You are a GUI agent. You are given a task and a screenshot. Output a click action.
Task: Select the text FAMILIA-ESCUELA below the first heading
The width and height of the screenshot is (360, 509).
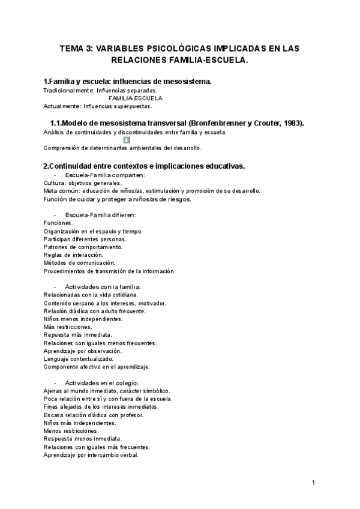point(136,98)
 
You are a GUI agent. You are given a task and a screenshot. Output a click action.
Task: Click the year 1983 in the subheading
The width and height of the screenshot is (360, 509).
point(290,123)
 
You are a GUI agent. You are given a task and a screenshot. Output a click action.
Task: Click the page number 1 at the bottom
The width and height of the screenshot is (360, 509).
point(313,482)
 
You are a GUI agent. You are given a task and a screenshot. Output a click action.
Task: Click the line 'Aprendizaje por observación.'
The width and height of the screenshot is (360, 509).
point(82,351)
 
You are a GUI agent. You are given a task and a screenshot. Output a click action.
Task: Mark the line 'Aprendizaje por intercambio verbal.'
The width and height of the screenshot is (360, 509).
point(91,454)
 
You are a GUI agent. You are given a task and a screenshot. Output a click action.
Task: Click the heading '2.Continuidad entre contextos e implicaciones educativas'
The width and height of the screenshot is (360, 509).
point(143,166)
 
